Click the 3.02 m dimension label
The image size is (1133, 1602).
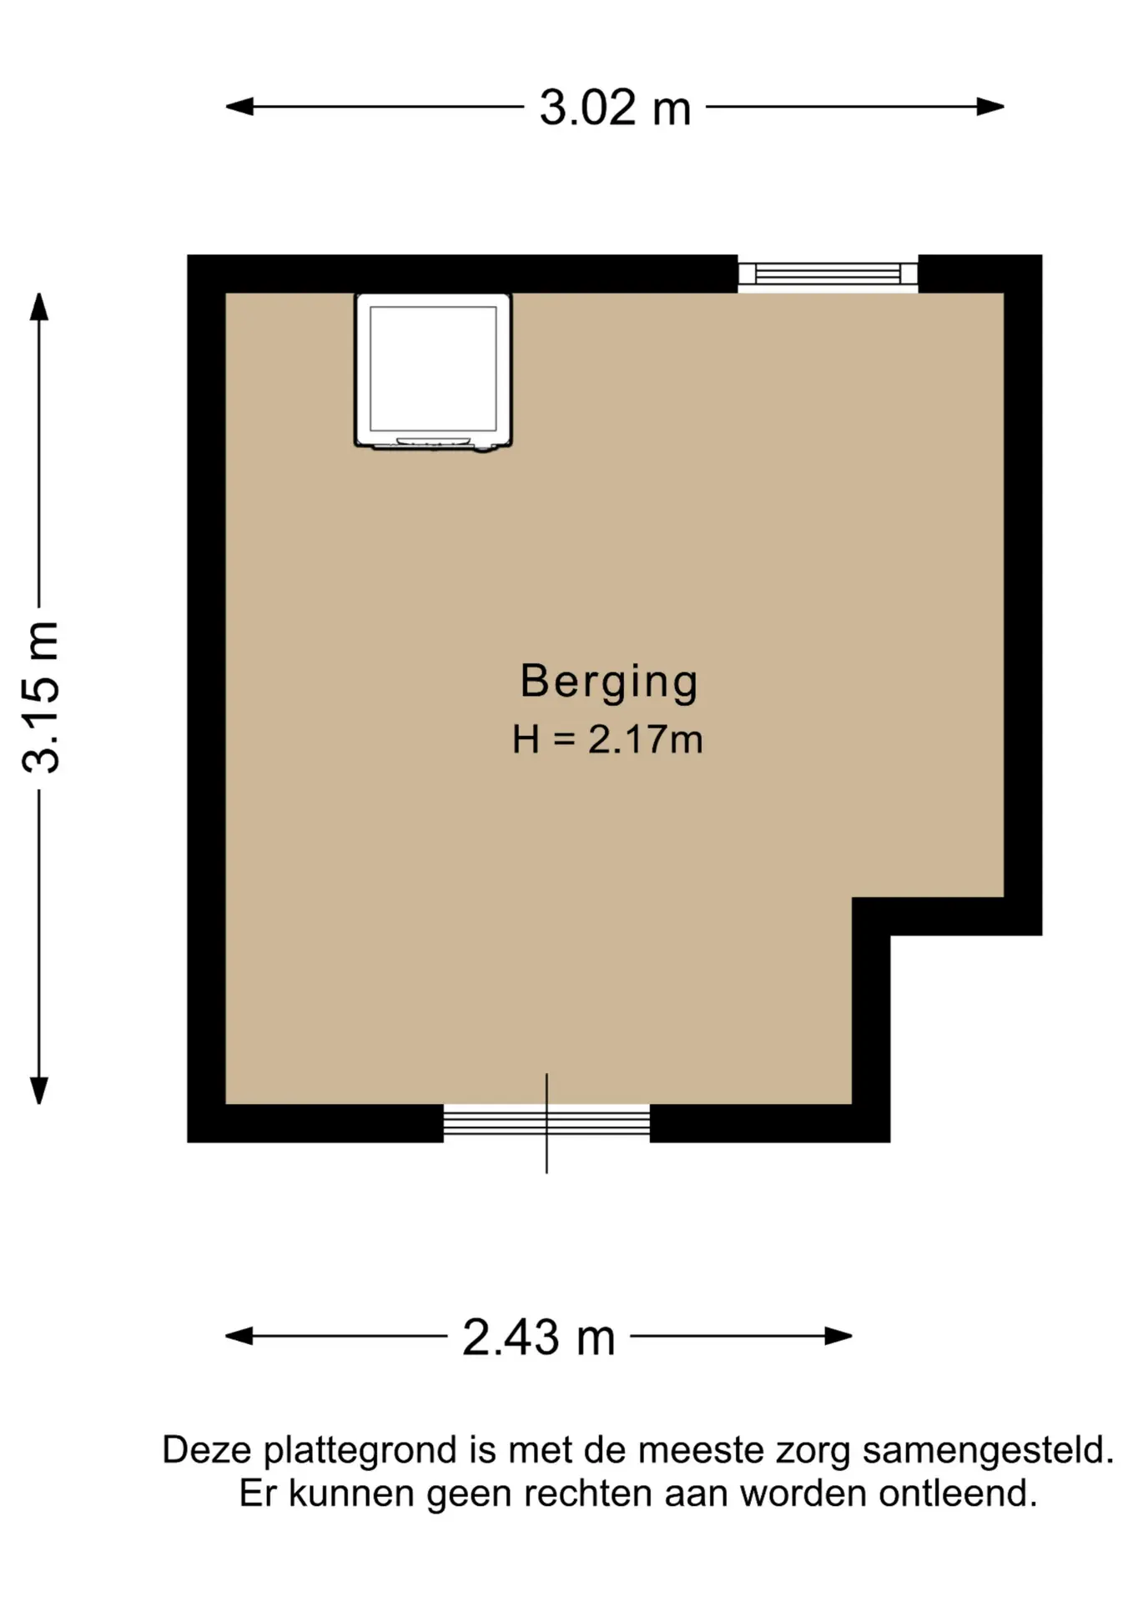point(615,108)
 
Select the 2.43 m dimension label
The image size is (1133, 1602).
point(538,1337)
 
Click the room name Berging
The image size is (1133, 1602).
point(609,683)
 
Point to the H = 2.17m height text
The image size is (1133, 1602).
point(607,739)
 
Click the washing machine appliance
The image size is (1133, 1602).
point(433,372)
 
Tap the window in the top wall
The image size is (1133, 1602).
point(828,274)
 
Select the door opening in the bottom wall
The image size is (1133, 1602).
point(546,1122)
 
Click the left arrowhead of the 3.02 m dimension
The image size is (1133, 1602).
point(239,107)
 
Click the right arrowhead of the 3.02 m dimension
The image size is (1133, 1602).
point(990,107)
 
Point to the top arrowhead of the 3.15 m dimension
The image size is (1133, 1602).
point(39,306)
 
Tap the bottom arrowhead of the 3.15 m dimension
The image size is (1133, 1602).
point(39,1091)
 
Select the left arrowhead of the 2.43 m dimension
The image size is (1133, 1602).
point(239,1336)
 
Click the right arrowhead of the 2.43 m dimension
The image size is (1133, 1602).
point(838,1336)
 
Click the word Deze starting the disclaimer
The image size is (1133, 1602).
point(207,1451)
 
